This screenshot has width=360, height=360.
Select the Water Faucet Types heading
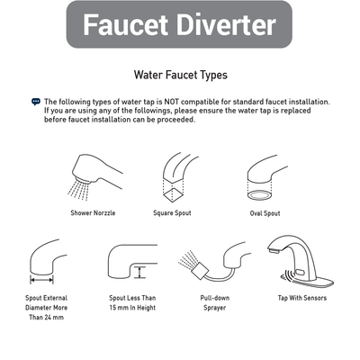[180, 76]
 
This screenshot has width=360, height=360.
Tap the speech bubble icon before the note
[36, 102]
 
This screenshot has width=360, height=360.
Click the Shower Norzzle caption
[93, 213]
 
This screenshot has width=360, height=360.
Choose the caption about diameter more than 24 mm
[47, 308]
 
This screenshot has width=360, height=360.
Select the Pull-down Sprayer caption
[212, 302]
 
